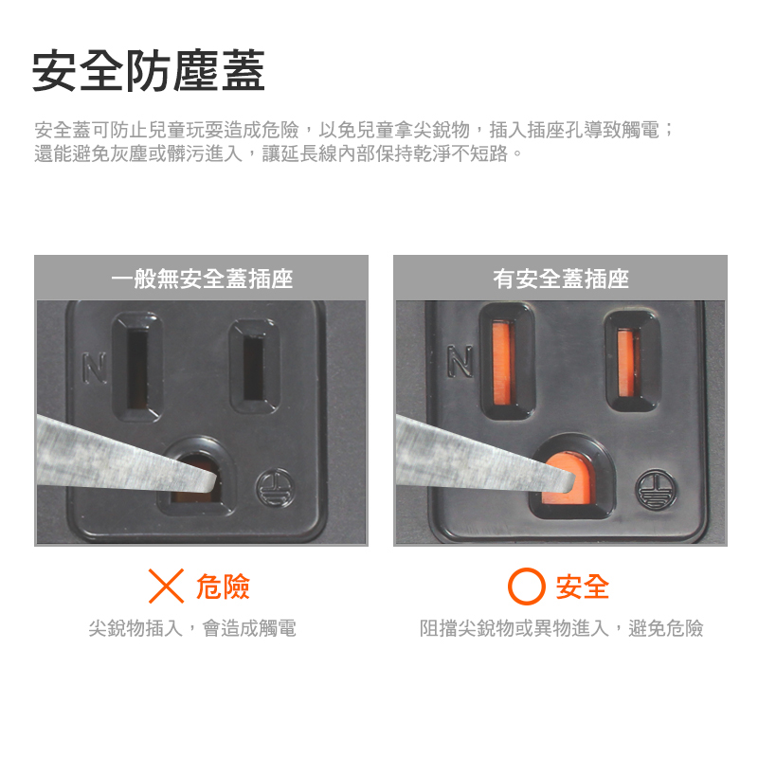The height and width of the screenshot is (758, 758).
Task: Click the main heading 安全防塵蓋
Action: point(149,70)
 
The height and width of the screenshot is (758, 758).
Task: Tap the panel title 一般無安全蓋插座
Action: point(202,279)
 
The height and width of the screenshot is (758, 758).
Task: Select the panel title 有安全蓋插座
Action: point(561,279)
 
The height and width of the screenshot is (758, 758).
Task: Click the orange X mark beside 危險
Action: point(167,586)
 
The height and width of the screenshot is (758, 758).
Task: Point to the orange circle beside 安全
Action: point(527,586)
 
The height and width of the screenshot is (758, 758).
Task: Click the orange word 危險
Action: point(223,587)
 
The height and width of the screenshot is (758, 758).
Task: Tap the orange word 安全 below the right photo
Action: point(583,587)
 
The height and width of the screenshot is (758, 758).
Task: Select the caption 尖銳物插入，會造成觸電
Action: point(192,628)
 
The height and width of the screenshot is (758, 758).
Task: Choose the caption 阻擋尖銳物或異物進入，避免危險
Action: point(561,628)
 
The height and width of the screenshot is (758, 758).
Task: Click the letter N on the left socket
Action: point(94,369)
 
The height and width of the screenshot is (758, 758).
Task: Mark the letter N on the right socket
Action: point(460,361)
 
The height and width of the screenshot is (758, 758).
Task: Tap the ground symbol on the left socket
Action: point(275,487)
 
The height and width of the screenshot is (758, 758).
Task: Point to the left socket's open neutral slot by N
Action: point(136,368)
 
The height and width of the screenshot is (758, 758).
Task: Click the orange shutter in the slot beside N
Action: point(501,364)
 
